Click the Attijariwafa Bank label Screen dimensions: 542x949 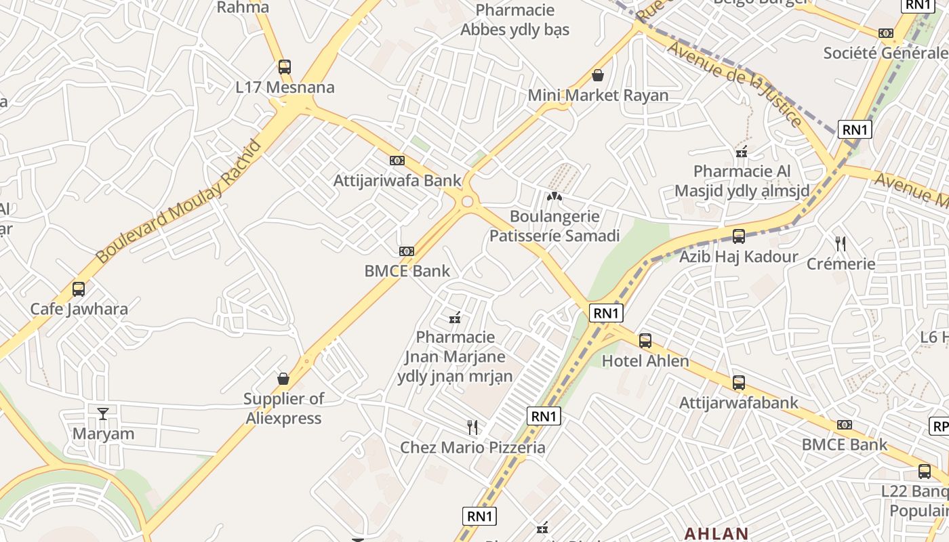pyautogui.click(x=397, y=181)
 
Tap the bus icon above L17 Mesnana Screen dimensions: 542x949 pyautogui.click(x=285, y=67)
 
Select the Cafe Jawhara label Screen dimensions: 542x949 pyautogui.click(x=79, y=309)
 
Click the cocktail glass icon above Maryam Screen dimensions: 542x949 pyautogui.click(x=103, y=413)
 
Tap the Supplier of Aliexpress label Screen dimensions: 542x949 pyautogui.click(x=283, y=409)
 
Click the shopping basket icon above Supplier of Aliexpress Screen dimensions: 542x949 pyautogui.click(x=283, y=379)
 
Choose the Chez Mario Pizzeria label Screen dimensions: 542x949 pyautogui.click(x=472, y=447)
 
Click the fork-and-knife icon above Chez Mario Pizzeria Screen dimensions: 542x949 pyautogui.click(x=472, y=427)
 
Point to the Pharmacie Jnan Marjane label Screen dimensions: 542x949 pyautogui.click(x=456, y=356)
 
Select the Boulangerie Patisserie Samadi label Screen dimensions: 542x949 pyautogui.click(x=554, y=226)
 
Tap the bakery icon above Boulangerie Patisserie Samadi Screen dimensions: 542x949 pyautogui.click(x=554, y=197)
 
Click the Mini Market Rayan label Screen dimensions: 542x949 pyautogui.click(x=598, y=96)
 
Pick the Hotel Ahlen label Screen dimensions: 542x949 pyautogui.click(x=645, y=361)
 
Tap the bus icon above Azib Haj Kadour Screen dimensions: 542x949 pyautogui.click(x=739, y=236)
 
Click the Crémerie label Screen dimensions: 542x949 pyautogui.click(x=841, y=264)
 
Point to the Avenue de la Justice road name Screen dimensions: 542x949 pyautogui.click(x=735, y=83)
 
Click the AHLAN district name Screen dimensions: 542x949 pyautogui.click(x=716, y=533)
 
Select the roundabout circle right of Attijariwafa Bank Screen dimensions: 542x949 pyautogui.click(x=467, y=201)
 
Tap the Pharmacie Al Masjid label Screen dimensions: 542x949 pyautogui.click(x=742, y=181)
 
